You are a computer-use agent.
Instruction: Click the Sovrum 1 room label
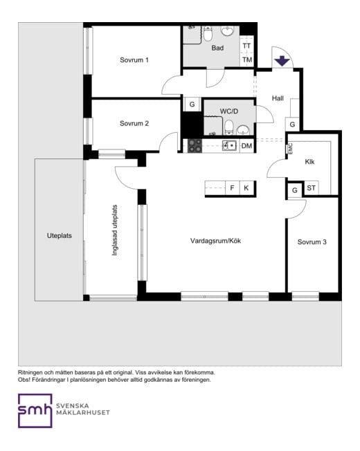click(134, 59)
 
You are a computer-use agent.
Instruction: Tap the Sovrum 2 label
click(134, 123)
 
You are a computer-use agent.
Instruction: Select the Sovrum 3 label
click(312, 242)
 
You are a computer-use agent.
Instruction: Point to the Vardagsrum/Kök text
click(215, 241)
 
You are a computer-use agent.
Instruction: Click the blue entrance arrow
click(282, 62)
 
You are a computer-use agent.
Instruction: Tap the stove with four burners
click(195, 145)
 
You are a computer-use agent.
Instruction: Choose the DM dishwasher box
click(247, 146)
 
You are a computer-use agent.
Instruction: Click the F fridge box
click(232, 188)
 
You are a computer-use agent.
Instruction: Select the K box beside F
click(246, 188)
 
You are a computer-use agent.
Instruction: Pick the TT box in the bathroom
click(246, 46)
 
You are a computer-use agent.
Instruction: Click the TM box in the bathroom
click(247, 59)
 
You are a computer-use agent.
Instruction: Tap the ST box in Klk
click(311, 188)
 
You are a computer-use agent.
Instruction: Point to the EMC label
click(290, 149)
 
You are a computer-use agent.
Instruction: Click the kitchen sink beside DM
click(229, 145)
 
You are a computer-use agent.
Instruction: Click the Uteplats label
click(60, 236)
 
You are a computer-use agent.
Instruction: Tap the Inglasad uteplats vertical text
click(115, 230)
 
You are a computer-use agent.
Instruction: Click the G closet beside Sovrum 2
click(192, 104)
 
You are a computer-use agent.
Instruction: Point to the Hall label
click(278, 98)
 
